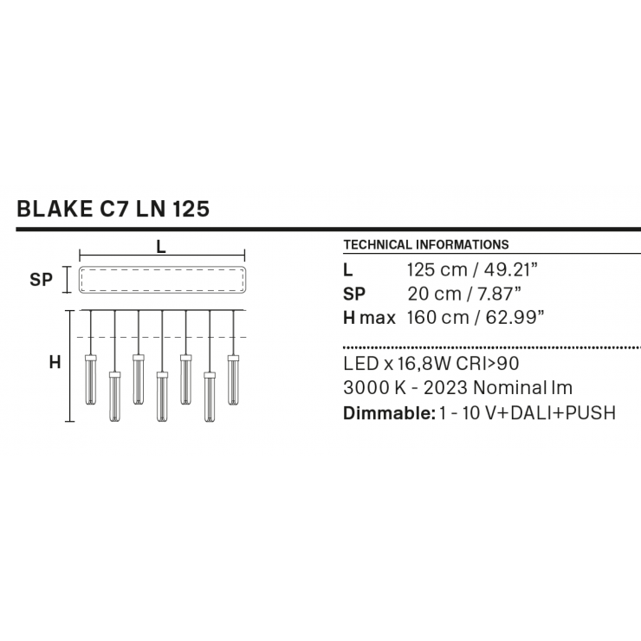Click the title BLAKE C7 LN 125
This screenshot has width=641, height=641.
point(113,209)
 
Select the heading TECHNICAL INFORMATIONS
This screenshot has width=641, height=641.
point(426,244)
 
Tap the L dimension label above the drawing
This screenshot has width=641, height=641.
point(161,247)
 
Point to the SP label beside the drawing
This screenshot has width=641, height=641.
point(41,280)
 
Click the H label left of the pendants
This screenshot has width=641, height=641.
point(55,362)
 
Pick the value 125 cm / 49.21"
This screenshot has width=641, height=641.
point(472,269)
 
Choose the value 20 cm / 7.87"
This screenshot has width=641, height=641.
point(464,294)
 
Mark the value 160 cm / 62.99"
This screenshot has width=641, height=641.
point(476,318)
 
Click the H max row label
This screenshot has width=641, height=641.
point(370,318)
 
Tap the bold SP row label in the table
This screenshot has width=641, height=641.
point(354,294)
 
